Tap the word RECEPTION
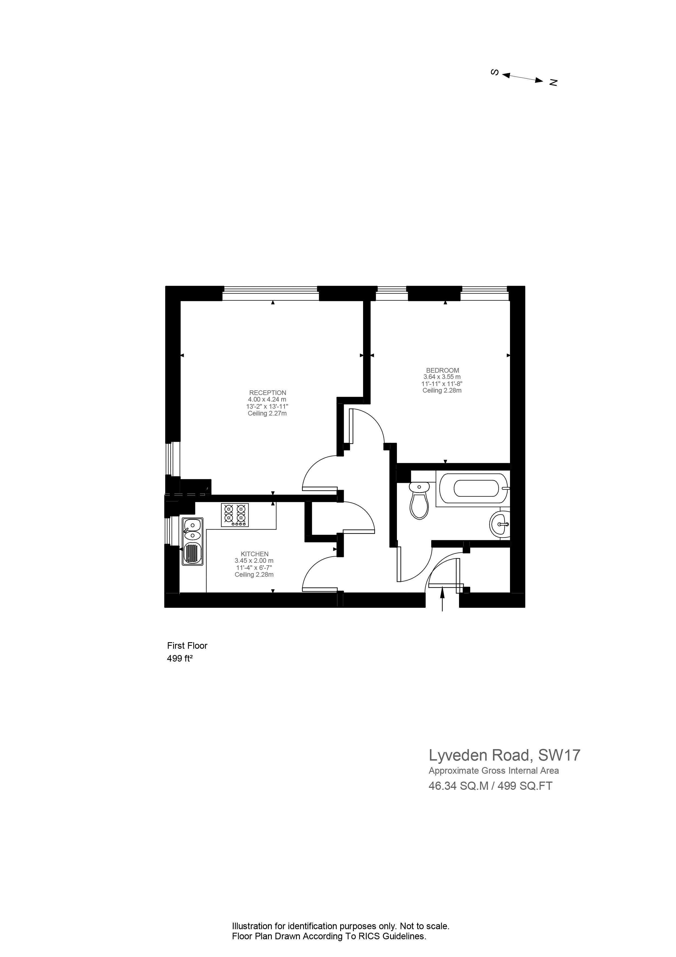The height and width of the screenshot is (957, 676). pos(267,393)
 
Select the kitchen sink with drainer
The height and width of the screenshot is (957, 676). pos(192,542)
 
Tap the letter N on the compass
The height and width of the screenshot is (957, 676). pos(553,83)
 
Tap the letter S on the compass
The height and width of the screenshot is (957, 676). pos(495,72)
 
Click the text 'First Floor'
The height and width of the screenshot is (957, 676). pos(187,646)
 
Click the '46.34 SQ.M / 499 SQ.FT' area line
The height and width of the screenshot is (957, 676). pos(490,786)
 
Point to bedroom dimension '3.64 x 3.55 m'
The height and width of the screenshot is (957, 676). pos(442,377)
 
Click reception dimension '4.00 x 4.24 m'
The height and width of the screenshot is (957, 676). pos(267,399)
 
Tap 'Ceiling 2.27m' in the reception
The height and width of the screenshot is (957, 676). pos(267,414)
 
